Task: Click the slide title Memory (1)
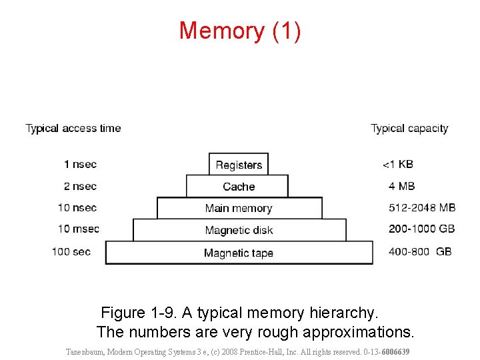(x=240, y=31)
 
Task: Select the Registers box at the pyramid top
(x=239, y=165)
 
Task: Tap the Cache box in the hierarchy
(x=239, y=187)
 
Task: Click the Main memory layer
(x=239, y=209)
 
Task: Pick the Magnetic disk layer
(x=239, y=231)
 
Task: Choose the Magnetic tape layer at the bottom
(x=239, y=253)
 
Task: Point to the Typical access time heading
(x=73, y=128)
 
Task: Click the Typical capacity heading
(x=409, y=128)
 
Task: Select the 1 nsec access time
(x=80, y=164)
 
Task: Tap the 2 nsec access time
(x=80, y=186)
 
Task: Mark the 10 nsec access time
(x=77, y=207)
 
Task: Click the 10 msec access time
(x=78, y=229)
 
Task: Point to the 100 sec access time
(x=71, y=251)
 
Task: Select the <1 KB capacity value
(x=398, y=164)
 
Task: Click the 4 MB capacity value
(x=401, y=186)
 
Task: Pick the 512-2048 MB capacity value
(x=422, y=207)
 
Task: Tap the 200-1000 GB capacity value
(x=422, y=229)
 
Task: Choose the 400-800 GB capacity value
(x=420, y=251)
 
